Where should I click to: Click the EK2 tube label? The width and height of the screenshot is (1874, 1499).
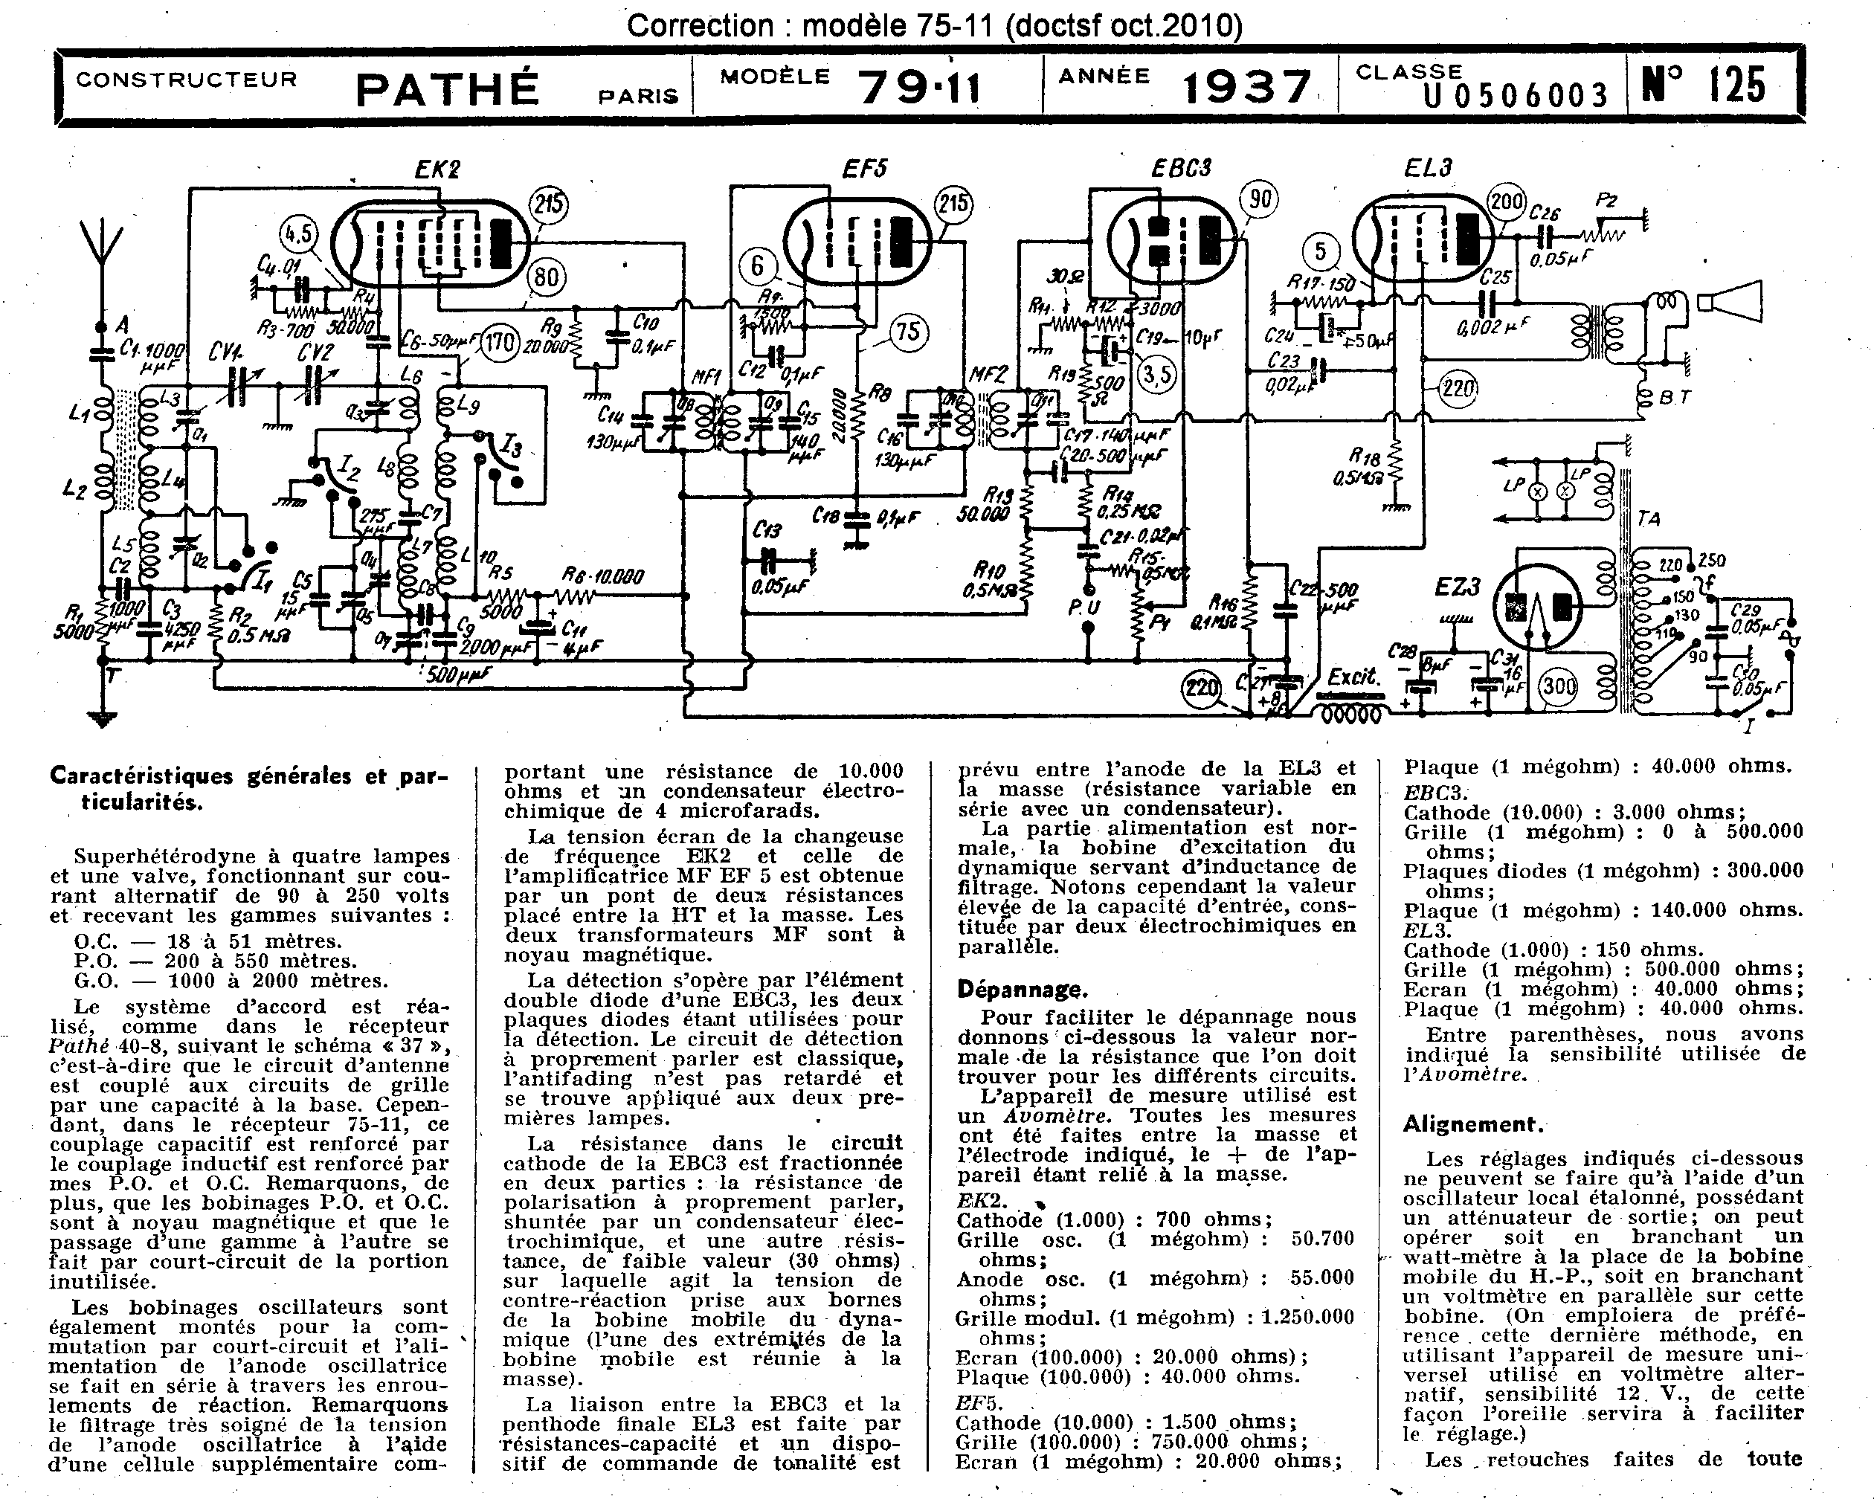click(x=437, y=169)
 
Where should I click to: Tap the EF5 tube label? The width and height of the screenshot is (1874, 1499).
click(x=864, y=169)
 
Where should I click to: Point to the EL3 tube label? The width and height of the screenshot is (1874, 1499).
click(x=1428, y=168)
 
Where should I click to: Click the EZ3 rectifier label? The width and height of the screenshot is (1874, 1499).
click(x=1458, y=587)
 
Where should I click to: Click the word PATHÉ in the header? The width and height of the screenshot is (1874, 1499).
click(x=448, y=88)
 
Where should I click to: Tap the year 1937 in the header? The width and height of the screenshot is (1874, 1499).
click(x=1246, y=87)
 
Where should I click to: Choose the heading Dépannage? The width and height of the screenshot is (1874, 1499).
click(x=1021, y=989)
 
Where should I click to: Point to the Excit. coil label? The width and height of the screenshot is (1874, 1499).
click(x=1354, y=676)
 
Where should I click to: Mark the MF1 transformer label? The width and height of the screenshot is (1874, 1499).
click(x=705, y=377)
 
